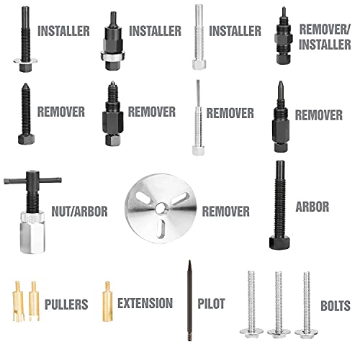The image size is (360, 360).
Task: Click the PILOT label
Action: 211,304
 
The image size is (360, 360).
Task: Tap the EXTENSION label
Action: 145,303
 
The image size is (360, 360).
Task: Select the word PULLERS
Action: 66,305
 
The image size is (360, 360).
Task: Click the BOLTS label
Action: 336,306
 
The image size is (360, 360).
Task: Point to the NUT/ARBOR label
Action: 79,212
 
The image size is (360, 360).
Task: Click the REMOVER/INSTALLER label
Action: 325,37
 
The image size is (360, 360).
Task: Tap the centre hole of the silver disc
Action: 160,209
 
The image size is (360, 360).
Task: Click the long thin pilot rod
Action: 189,300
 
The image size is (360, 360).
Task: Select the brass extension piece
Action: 107,301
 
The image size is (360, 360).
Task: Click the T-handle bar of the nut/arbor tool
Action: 32,180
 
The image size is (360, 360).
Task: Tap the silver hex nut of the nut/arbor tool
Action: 32,233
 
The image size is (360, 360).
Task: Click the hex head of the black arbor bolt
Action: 279,243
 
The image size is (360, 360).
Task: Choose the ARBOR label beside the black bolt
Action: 312,207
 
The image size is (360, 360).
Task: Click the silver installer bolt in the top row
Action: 199,37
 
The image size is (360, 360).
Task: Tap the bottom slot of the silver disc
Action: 161,228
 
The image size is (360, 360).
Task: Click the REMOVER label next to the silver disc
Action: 226,212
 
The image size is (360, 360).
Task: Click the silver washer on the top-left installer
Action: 25,60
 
